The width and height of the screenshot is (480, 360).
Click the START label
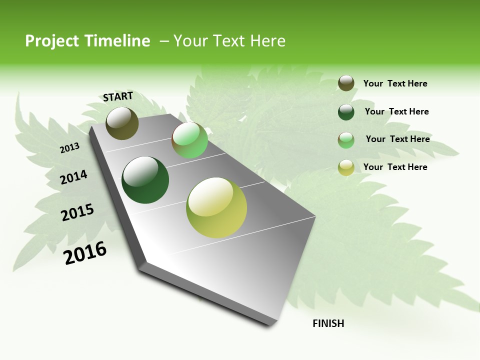coord(118,96)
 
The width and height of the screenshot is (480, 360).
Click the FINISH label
coord(328,323)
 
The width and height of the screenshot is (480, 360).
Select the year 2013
coord(69,147)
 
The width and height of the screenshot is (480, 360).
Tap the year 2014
coord(73,177)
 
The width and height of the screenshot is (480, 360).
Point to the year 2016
coord(85,252)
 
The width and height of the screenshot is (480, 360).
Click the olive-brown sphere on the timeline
coord(122,123)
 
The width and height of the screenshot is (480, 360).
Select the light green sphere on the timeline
coord(189,140)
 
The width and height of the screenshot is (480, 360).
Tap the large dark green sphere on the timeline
coord(145,180)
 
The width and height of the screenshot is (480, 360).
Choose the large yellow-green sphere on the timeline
coord(216,207)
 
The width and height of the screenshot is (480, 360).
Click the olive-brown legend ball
coord(346,83)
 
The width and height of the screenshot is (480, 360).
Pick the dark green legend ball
coord(346,112)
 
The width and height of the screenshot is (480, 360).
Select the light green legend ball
coord(346,140)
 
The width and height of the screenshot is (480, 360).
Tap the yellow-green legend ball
coord(346,167)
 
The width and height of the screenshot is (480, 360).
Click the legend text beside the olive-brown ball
coord(395,83)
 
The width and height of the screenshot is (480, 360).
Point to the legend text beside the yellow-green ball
coord(395,167)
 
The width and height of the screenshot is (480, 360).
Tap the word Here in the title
coord(267,41)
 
